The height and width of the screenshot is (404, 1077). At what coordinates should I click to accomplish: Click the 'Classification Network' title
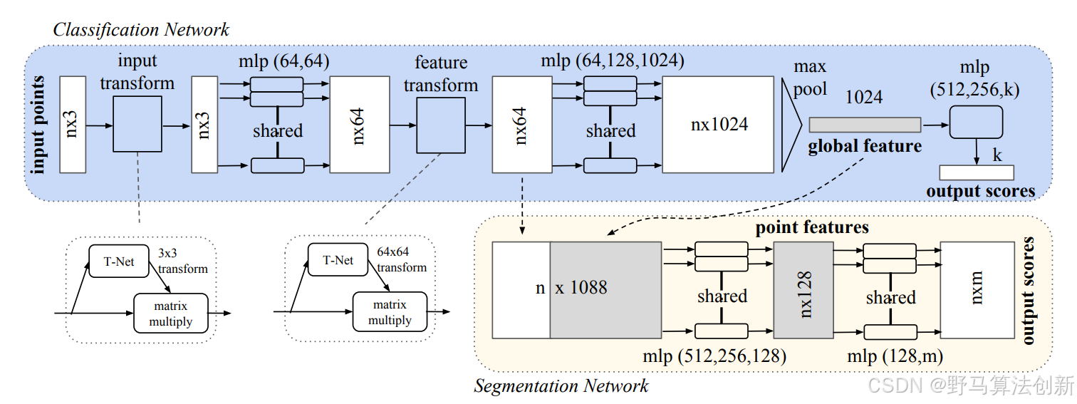point(141,29)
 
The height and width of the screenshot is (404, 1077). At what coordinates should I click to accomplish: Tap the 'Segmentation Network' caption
point(561,386)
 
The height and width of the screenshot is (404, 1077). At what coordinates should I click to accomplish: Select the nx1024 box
point(719,124)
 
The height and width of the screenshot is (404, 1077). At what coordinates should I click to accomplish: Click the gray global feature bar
point(865,125)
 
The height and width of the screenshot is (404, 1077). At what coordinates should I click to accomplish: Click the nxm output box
point(977,289)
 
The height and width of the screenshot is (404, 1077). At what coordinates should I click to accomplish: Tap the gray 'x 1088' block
point(605,289)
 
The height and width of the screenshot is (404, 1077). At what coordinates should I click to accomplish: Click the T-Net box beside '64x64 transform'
point(338,260)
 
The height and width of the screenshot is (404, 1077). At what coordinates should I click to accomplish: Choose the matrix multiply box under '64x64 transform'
point(390,313)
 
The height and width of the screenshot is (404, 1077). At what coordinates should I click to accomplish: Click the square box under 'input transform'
point(137,125)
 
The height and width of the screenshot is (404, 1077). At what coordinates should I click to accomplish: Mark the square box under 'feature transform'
point(441,125)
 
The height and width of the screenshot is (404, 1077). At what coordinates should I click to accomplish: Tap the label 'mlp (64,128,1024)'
point(612,61)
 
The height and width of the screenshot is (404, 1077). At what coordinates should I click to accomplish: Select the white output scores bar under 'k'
point(977,172)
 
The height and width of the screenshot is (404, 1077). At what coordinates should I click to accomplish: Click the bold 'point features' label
point(812,228)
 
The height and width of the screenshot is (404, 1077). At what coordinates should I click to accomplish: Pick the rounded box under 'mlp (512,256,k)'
point(976,123)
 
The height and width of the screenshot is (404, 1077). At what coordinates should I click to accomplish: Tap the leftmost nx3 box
point(73,124)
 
